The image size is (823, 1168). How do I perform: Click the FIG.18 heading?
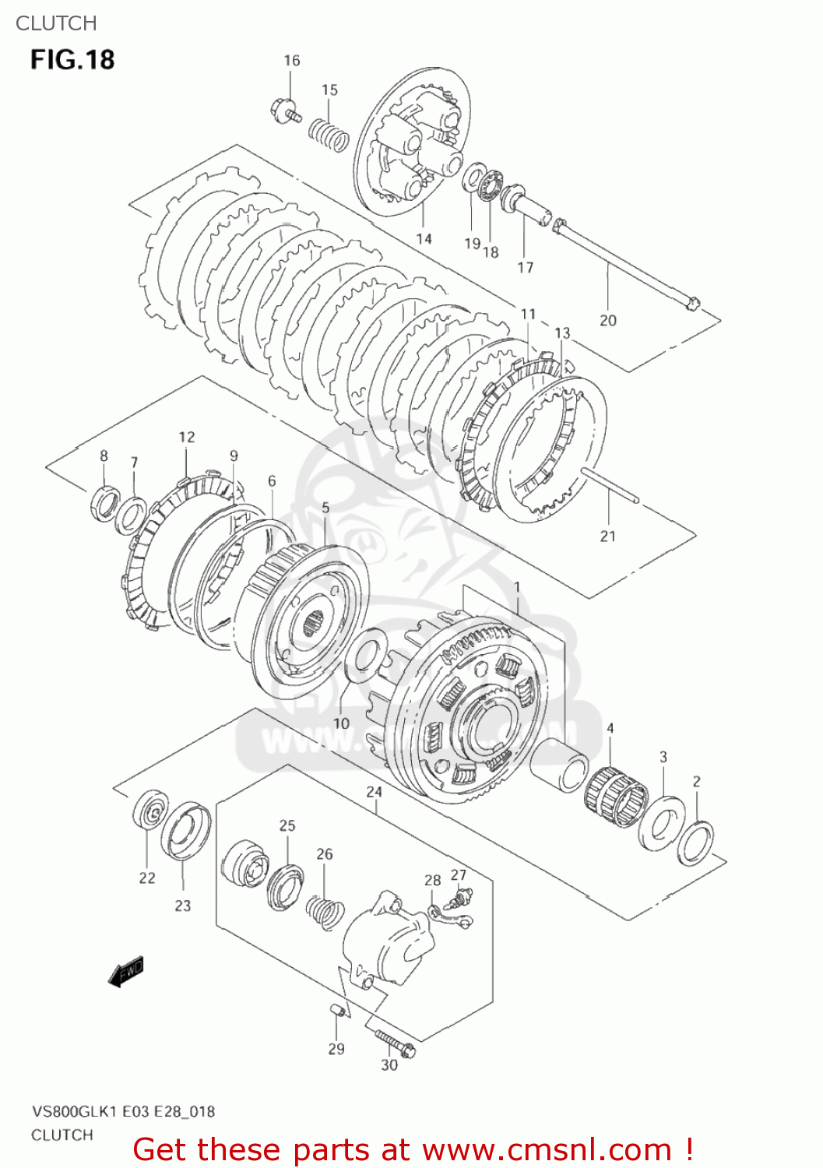(72, 60)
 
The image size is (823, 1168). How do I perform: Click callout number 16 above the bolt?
(291, 61)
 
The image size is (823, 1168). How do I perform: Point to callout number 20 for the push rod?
(608, 320)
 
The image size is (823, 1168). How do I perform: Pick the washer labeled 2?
(695, 843)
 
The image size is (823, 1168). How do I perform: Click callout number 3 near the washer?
(663, 757)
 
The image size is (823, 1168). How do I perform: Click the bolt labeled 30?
(395, 1042)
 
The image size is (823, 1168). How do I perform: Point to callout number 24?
(375, 792)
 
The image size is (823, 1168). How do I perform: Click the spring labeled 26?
(324, 912)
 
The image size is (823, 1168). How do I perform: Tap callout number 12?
(187, 437)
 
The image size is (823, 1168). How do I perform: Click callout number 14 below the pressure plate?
(424, 239)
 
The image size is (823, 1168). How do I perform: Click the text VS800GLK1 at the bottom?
(75, 1111)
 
